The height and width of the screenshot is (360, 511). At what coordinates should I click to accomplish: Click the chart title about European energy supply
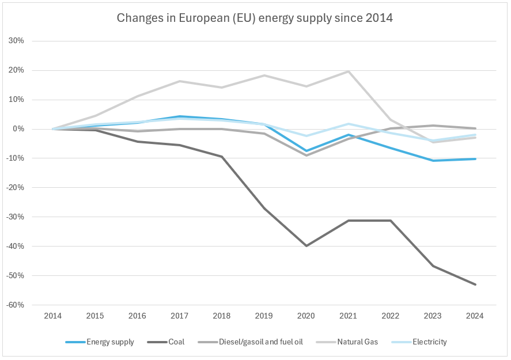coord(255,18)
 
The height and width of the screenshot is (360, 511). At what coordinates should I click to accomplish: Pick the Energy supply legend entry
coord(110,342)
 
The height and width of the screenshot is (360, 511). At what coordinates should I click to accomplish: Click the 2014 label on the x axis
coord(52,316)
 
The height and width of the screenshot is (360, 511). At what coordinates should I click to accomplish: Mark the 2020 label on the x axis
coord(306,316)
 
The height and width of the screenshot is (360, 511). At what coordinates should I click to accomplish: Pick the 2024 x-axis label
coord(475,316)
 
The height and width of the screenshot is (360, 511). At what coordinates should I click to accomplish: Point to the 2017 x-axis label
coord(179,316)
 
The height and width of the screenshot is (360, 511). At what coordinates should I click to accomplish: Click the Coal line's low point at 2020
coord(306,246)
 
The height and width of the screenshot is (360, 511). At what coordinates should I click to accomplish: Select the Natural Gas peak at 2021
coord(349,71)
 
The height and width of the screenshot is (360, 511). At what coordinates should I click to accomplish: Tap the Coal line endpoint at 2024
coord(475,285)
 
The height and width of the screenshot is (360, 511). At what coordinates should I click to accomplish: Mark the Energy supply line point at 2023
coord(433,161)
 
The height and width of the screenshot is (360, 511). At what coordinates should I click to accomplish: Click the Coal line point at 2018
coord(222,157)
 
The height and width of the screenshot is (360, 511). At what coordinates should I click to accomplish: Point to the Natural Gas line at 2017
coord(179,81)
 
